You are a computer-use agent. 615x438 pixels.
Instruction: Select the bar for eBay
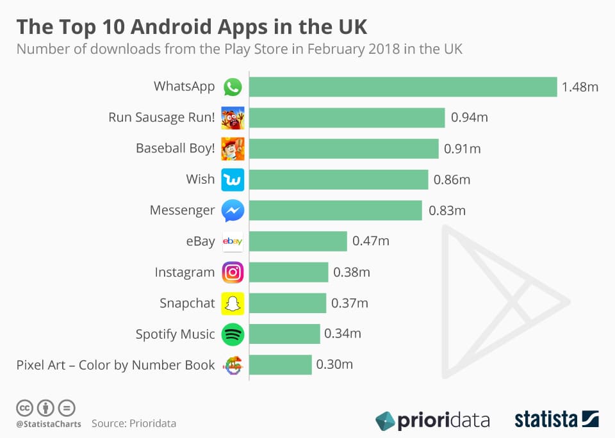[x=298, y=241]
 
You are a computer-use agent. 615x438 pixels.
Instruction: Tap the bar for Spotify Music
[x=284, y=334]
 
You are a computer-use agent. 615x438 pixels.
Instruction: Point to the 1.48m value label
[x=580, y=87]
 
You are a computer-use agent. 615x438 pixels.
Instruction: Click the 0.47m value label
[x=371, y=241]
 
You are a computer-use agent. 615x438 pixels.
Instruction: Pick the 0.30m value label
[x=334, y=365]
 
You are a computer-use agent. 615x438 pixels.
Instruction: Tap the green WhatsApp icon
[x=233, y=87]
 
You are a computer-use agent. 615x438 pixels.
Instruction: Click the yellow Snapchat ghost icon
[x=233, y=304]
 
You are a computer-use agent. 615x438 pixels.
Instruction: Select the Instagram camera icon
[x=233, y=273]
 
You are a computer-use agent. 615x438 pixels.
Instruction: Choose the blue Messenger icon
[x=233, y=211]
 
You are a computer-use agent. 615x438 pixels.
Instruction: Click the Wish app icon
[x=233, y=180]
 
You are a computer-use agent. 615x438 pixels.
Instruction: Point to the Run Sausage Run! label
[x=161, y=117]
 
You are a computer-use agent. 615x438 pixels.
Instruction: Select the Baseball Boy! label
[x=175, y=149]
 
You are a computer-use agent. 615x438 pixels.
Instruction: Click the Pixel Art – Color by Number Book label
[x=115, y=365]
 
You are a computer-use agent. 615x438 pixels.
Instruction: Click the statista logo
[x=556, y=419]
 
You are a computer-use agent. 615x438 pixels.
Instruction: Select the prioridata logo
[x=432, y=420]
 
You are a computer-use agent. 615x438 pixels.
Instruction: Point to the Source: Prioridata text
[x=133, y=423]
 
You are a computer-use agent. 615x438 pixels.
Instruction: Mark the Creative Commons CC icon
[x=24, y=407]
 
